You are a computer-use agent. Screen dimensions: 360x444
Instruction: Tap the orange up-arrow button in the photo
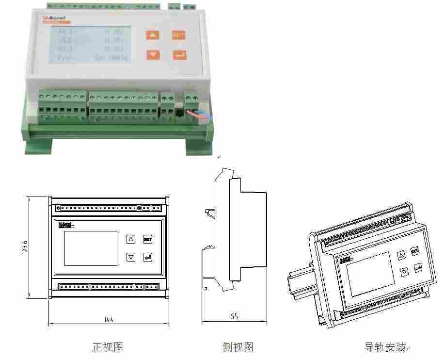pos(153,35)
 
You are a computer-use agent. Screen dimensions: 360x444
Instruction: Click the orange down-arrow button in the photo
pos(153,54)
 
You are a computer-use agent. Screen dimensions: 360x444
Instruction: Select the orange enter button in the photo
pos(179,54)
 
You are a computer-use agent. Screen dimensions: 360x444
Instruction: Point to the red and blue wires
pos(200,115)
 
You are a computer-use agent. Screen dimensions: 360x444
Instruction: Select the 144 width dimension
pos(109,319)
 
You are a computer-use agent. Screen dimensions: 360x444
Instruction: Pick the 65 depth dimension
pos(234,316)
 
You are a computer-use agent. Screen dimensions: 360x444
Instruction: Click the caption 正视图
pos(108,347)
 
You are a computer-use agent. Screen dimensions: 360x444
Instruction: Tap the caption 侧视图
pos(238,347)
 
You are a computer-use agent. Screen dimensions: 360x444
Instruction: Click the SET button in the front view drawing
pos(147,239)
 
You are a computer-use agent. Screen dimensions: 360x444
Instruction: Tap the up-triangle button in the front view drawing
pos(130,239)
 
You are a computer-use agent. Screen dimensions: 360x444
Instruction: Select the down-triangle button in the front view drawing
pos(130,257)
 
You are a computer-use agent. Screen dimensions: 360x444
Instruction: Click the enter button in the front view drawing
pos(147,257)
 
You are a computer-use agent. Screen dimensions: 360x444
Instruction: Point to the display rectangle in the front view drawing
pos(91,248)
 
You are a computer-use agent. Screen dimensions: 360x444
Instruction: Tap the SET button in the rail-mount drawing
pos(415,251)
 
